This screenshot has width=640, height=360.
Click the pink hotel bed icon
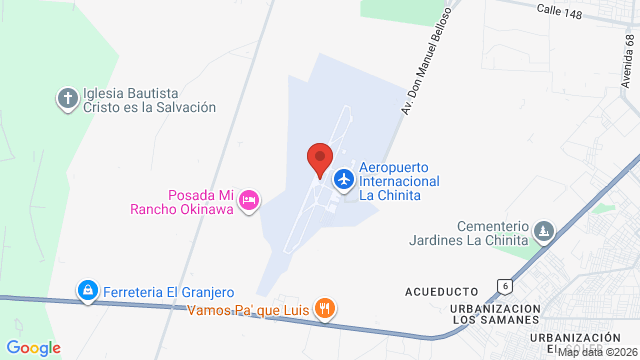click(x=250, y=201)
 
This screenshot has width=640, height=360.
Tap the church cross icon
click(x=67, y=99)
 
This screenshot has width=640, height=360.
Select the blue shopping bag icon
click(x=88, y=291)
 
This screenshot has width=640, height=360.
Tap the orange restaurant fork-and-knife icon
click(x=324, y=309)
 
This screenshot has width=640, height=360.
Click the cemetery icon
click(x=544, y=232)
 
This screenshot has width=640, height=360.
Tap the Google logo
click(x=34, y=347)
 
